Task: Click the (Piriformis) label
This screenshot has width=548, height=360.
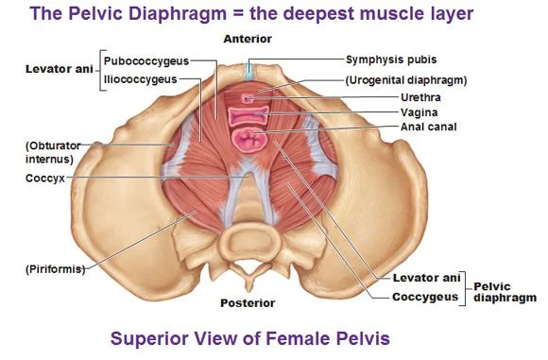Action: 55,269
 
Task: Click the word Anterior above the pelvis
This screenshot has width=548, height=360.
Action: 248,39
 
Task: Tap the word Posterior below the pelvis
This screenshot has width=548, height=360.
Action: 248,303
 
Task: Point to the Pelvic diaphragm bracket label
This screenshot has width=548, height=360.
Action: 505,291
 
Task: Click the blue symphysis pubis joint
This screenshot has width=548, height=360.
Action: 248,71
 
